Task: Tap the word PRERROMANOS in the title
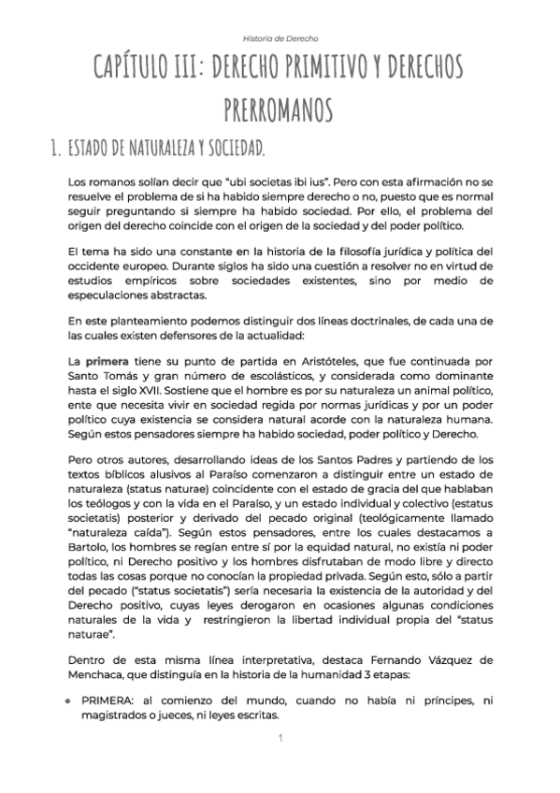pos(280,110)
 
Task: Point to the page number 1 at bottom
pos(280,739)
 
